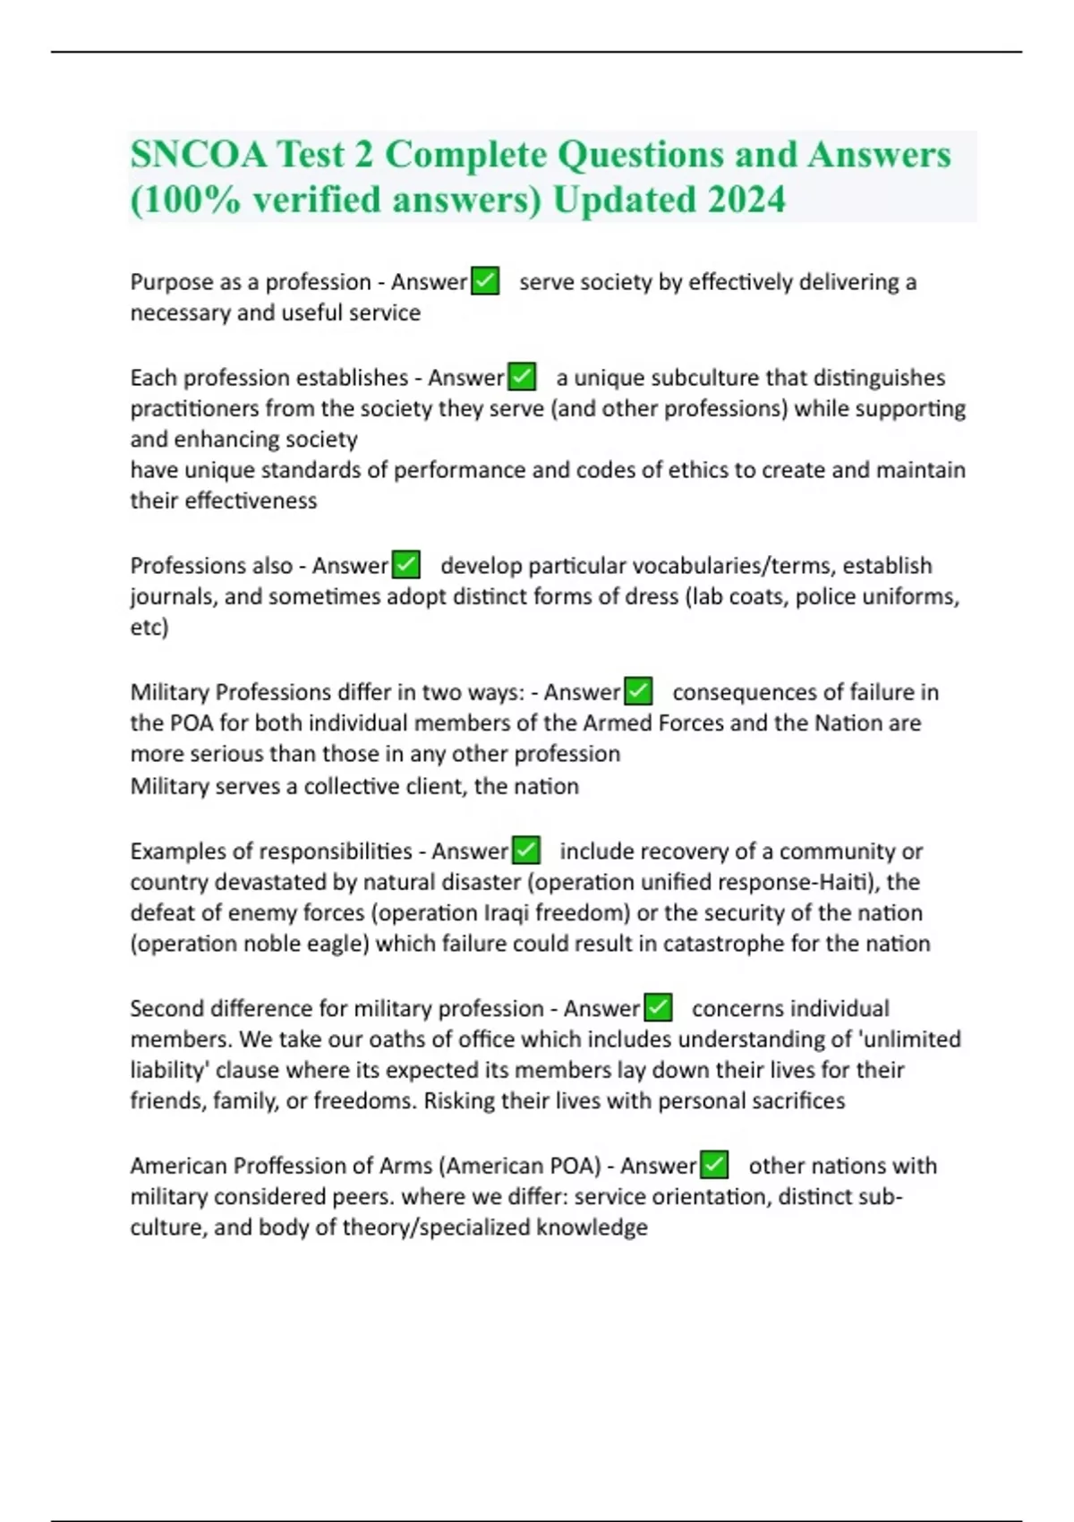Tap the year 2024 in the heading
click(746, 199)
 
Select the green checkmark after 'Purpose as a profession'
click(485, 281)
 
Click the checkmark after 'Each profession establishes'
click(522, 377)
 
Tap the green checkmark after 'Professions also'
click(406, 565)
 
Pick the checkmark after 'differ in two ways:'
click(638, 692)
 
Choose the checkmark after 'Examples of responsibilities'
click(526, 851)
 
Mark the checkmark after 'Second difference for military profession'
click(658, 1008)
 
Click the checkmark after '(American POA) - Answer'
click(714, 1166)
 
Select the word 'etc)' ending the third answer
click(149, 627)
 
